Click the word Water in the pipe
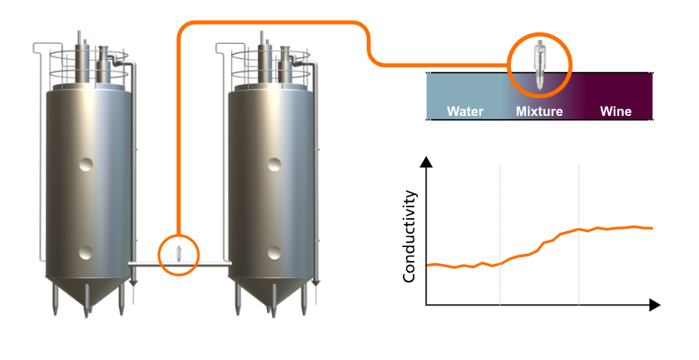point(465,111)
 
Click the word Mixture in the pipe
point(539,111)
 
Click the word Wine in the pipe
point(615,111)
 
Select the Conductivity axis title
point(409,237)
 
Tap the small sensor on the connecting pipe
point(179,253)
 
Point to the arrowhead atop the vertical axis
point(427,161)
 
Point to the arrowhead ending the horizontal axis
point(654,305)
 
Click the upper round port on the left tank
point(87,163)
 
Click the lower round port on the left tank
point(86,251)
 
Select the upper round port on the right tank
point(273,163)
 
